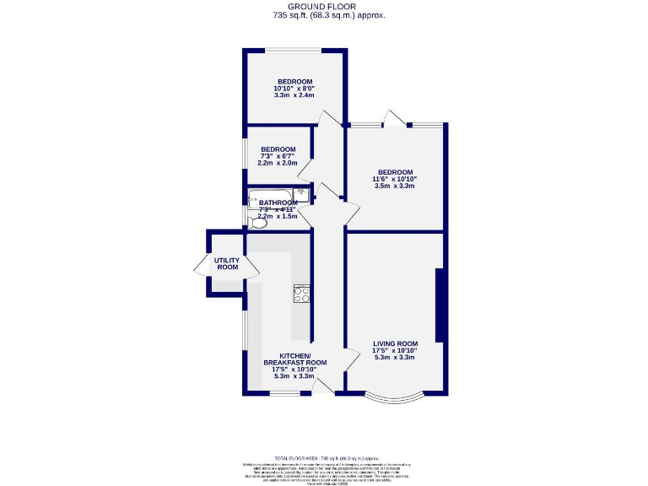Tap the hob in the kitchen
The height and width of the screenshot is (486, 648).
[x=302, y=294]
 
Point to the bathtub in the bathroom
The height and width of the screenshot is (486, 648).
[x=268, y=200]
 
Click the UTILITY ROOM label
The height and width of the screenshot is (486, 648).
[x=228, y=264]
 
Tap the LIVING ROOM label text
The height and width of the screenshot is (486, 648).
[x=396, y=343]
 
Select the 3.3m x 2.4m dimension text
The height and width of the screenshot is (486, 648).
[x=294, y=95]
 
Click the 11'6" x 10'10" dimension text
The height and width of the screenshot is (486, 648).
[x=395, y=179]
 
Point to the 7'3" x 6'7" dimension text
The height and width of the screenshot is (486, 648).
[x=278, y=156]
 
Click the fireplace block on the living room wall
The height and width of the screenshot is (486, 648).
[x=439, y=305]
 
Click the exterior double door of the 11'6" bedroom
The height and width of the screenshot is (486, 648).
[x=395, y=120]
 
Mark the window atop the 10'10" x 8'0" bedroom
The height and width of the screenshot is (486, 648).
[x=294, y=51]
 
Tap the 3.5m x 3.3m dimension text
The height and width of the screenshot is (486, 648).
[x=395, y=186]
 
